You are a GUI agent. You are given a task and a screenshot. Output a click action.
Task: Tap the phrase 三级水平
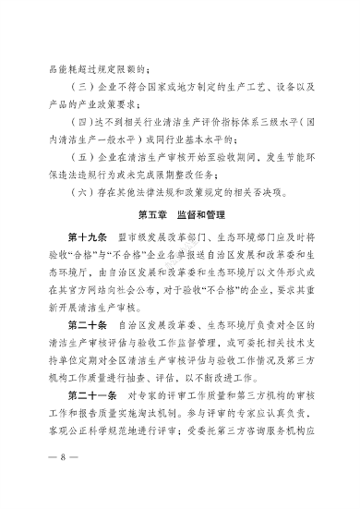263,120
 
